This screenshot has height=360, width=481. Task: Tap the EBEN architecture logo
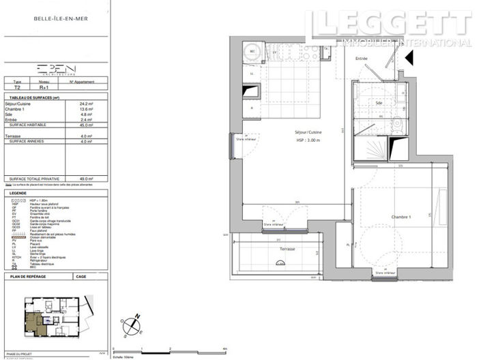click(57, 69)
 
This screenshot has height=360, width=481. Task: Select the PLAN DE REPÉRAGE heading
click(27, 277)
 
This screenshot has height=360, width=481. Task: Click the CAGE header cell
click(81, 277)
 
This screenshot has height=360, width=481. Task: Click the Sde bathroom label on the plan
click(379, 103)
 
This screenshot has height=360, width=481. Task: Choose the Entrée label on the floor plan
click(361, 59)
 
